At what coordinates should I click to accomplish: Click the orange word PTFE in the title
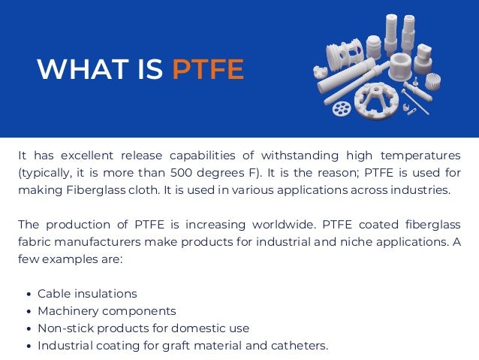coord(208,70)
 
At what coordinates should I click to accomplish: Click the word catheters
coord(300,346)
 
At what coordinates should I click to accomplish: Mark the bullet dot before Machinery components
coord(29,311)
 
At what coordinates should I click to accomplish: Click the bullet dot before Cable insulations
coord(29,294)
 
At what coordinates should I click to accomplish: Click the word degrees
coord(225,172)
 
